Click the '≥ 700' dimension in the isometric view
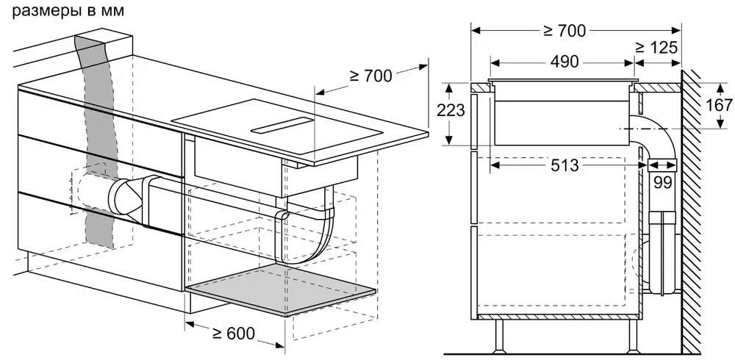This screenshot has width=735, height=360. (x=371, y=75)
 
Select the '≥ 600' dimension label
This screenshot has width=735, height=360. (x=234, y=333)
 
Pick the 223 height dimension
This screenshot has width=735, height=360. (x=450, y=110)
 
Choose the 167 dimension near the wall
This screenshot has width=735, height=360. (x=719, y=104)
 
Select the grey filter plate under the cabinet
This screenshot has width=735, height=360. (x=283, y=293)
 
